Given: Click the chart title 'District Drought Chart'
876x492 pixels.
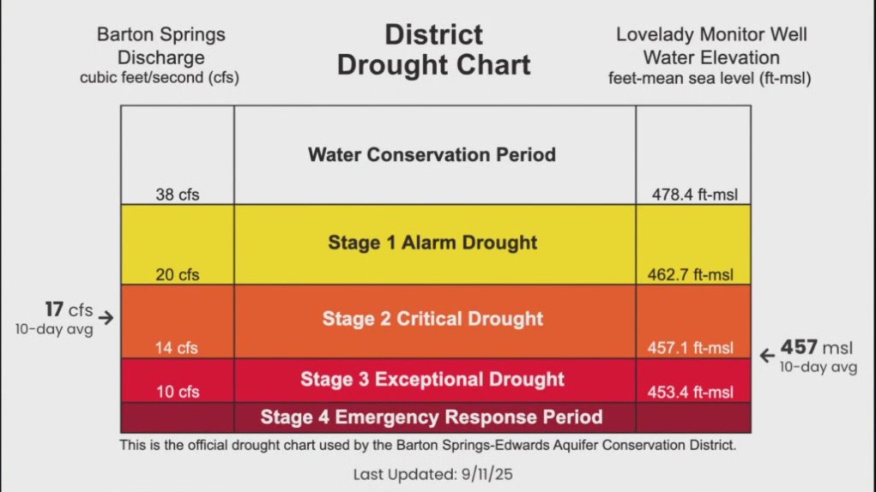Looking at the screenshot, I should (433, 50).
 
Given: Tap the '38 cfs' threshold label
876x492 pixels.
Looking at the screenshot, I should (177, 195).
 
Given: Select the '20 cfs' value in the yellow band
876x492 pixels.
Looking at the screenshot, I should (177, 275).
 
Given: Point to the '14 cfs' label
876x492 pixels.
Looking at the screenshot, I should (176, 348).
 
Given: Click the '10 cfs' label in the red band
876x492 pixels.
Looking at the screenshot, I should (177, 392).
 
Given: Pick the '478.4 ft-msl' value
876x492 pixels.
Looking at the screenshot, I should (692, 195).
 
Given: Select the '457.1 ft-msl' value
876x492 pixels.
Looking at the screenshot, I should (690, 348).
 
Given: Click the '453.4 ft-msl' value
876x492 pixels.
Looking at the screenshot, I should (690, 392).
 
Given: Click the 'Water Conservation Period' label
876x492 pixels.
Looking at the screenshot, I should (432, 155).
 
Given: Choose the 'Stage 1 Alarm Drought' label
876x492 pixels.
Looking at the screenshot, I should (432, 243).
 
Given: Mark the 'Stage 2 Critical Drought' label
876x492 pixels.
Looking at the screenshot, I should (432, 319).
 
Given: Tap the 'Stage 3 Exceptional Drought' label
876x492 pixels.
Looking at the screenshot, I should (432, 379).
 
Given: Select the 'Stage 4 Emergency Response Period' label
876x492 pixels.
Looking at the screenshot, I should (432, 417).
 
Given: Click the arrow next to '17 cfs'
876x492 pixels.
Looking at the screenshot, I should (106, 317).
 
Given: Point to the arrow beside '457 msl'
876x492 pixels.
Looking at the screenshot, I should (767, 355).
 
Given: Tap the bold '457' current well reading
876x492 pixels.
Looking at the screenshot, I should (798, 349).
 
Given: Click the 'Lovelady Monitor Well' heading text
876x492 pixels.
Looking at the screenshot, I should (711, 35).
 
